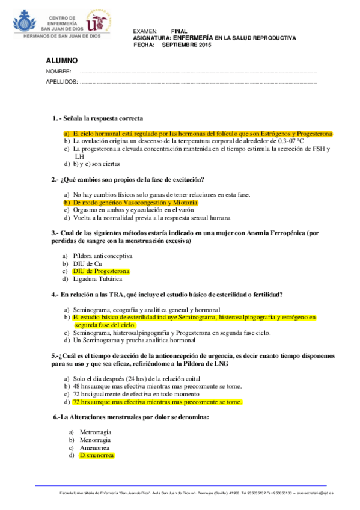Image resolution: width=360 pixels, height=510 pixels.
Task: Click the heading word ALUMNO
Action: click(62, 61)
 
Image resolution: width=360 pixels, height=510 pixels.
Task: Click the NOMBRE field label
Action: click(58, 73)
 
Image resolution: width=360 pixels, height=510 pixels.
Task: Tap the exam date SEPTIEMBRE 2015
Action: click(187, 45)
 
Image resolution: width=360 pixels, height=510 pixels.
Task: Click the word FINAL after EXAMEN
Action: click(179, 31)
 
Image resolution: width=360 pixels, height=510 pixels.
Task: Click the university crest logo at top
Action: click(97, 23)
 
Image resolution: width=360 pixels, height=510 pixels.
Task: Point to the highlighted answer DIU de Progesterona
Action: click(101, 271)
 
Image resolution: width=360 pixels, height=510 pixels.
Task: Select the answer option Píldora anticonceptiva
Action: click(103, 256)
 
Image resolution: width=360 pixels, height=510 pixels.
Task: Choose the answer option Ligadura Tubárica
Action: click(97, 279)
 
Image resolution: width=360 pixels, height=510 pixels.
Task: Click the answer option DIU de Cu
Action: click(88, 263)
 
